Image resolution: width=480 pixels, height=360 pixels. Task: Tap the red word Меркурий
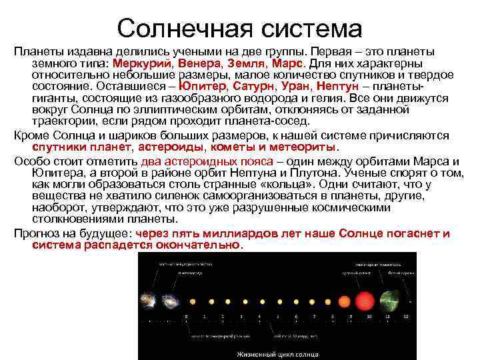click(x=141, y=63)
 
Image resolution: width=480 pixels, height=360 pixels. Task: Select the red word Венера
click(x=195, y=63)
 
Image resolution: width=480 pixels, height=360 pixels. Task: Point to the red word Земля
click(x=242, y=63)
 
